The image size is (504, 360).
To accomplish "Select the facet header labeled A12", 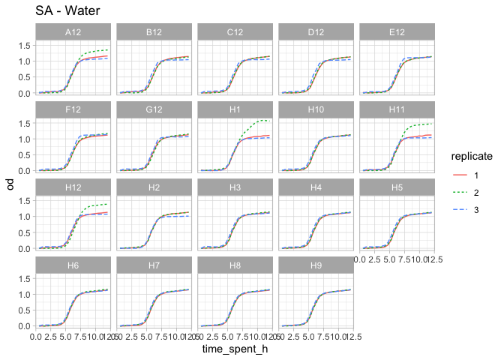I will point(73,32).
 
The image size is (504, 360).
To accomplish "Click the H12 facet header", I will point(73,187).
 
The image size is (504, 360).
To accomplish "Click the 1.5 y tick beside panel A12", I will point(25,46).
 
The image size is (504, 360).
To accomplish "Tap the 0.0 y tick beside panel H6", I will point(25,325).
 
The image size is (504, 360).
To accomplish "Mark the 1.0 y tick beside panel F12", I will point(25,139).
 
